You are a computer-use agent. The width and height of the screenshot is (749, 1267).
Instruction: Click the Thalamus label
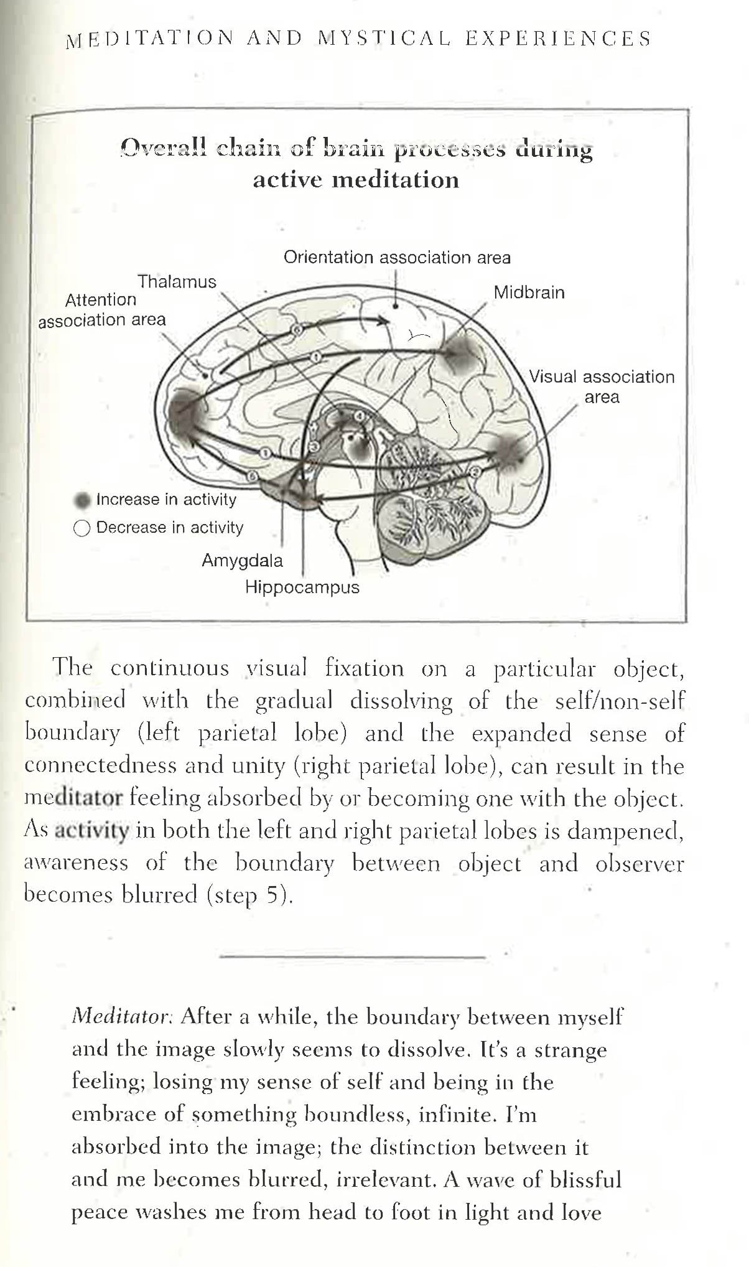pyautogui.click(x=177, y=282)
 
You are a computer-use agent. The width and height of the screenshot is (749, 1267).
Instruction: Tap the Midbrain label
pyautogui.click(x=529, y=292)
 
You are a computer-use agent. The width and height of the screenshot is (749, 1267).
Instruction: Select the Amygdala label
pyautogui.click(x=242, y=561)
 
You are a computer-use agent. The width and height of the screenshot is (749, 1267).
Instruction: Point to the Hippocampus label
pyautogui.click(x=302, y=587)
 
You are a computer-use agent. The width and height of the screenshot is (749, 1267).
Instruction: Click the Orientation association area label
pyautogui.click(x=397, y=258)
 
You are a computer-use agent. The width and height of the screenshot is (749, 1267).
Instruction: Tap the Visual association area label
pyautogui.click(x=602, y=386)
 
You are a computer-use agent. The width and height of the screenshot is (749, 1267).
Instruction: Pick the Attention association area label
pyautogui.click(x=102, y=309)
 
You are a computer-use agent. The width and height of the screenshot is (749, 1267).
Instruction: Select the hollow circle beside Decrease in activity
pyautogui.click(x=81, y=528)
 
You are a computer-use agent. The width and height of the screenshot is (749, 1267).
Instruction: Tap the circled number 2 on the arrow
pyautogui.click(x=475, y=471)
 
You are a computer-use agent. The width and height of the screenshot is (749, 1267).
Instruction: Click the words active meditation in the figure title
pyautogui.click(x=356, y=180)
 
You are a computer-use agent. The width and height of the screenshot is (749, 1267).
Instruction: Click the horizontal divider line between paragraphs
pyautogui.click(x=353, y=955)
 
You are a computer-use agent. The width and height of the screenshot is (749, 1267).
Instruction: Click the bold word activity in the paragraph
pyautogui.click(x=92, y=830)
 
